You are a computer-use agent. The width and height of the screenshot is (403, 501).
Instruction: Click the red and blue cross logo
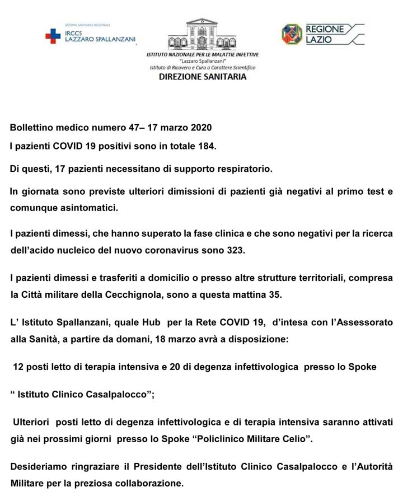click(53, 36)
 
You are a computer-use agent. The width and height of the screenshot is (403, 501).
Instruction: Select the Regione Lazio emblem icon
click(292, 34)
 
